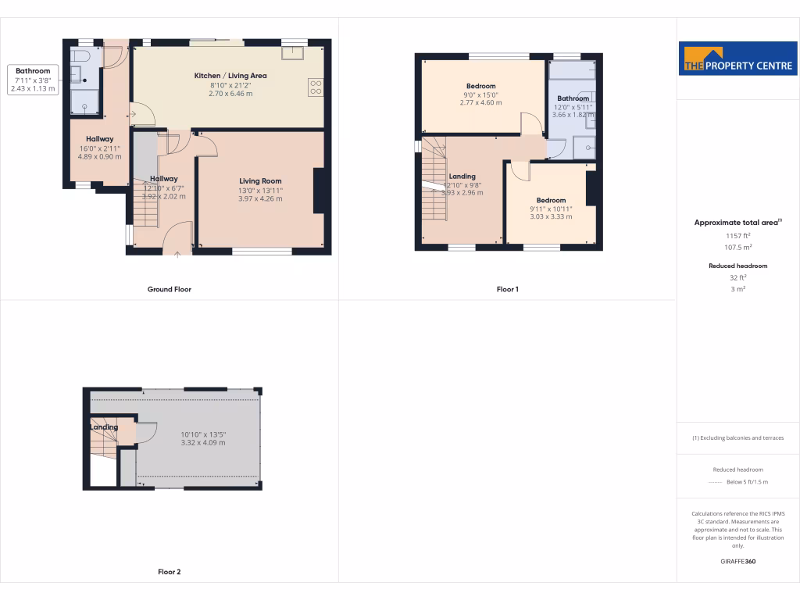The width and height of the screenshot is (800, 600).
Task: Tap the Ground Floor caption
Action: (x=170, y=289)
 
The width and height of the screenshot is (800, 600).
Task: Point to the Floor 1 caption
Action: (x=507, y=289)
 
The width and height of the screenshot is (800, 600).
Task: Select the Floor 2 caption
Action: (x=170, y=572)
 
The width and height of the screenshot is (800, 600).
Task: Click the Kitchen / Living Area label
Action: (x=230, y=76)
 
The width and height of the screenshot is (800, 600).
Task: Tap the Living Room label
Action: (x=260, y=181)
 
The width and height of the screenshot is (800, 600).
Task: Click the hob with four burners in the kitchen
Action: (x=316, y=87)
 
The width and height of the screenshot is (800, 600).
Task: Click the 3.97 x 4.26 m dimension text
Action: (x=260, y=199)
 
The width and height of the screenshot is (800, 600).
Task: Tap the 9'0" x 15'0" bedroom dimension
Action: (x=480, y=95)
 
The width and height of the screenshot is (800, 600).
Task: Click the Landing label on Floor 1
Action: (x=462, y=177)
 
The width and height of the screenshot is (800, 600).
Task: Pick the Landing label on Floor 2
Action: (x=104, y=427)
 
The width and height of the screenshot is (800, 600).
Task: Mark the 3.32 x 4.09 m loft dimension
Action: (x=202, y=443)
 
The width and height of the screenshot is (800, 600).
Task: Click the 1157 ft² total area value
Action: (x=738, y=235)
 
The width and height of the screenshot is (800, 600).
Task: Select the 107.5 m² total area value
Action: (x=738, y=247)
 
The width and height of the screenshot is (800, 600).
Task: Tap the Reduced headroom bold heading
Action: (x=738, y=266)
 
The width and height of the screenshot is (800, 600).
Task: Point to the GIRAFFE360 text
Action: (x=738, y=561)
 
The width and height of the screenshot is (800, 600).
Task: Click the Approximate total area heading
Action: (x=737, y=223)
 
